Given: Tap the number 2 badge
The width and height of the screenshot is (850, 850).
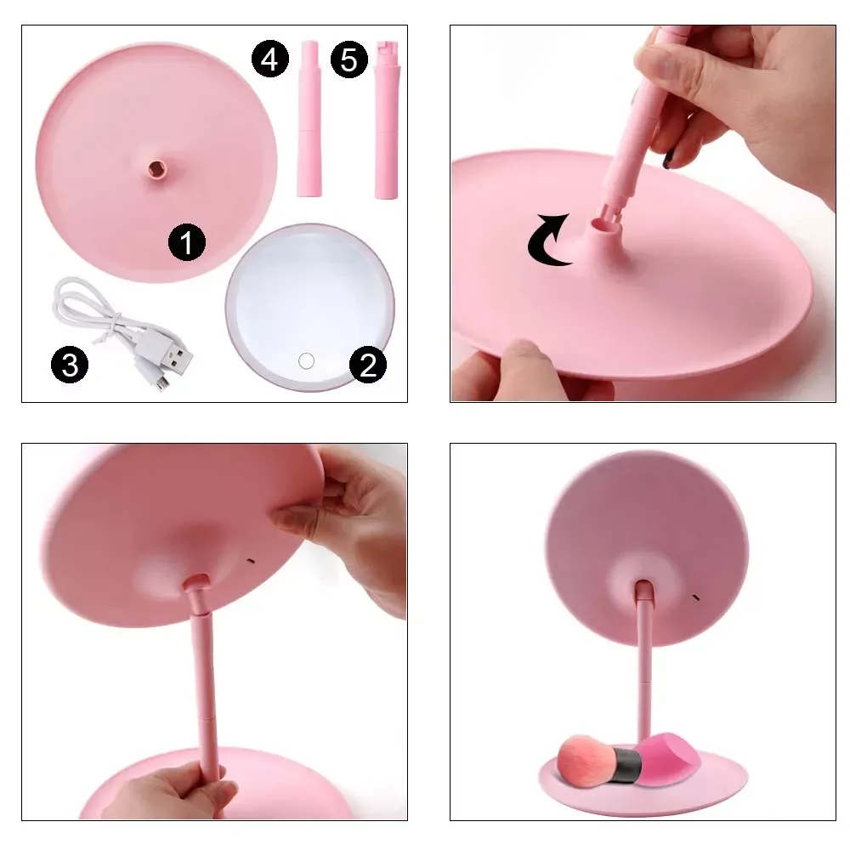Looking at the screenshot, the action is (x=368, y=365).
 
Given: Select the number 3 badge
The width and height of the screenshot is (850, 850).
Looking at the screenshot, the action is (x=70, y=365).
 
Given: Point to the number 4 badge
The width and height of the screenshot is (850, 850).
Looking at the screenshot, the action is (x=270, y=59).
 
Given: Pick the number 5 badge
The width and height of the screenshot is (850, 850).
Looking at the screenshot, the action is (x=349, y=59).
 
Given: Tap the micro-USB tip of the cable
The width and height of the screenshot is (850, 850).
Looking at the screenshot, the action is (x=161, y=383).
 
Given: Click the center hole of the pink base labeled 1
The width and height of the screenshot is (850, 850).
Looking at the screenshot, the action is (x=157, y=168).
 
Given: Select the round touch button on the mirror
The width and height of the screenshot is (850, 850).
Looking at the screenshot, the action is (x=306, y=360).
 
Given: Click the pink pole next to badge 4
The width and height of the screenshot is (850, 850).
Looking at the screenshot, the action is (x=309, y=118).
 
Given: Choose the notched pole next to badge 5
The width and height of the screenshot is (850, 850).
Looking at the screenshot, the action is (x=387, y=119).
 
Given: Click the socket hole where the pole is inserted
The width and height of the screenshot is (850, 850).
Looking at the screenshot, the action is (x=601, y=222).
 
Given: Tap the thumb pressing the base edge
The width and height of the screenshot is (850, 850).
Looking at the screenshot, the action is (x=523, y=357).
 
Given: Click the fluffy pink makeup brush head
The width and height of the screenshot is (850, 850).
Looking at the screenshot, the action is (x=581, y=759).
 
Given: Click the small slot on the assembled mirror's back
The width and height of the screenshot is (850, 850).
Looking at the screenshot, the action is (x=696, y=598).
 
